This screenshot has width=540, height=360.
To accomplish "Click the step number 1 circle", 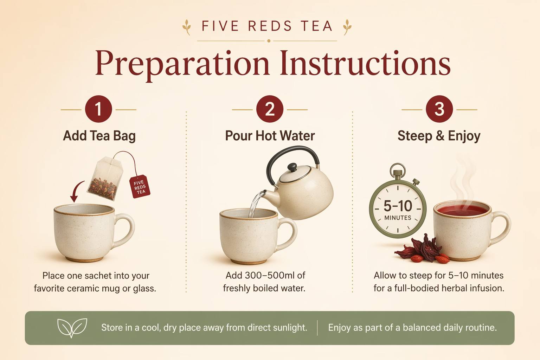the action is click(98, 109).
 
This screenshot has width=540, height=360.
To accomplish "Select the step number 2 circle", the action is click(270, 109).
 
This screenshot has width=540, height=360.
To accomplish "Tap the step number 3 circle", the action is click(439, 109).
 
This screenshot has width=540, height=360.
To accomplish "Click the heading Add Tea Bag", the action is click(99, 136).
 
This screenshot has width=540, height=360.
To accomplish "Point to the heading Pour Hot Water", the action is click(270, 136).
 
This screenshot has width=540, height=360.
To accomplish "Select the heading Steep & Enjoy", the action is click(439, 136).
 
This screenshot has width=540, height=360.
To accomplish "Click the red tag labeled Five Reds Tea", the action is click(140, 186).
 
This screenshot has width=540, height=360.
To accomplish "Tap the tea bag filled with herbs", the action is click(105, 179).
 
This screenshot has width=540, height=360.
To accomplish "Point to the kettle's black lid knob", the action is click(292, 167).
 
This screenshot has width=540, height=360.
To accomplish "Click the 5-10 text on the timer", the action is click(398, 206).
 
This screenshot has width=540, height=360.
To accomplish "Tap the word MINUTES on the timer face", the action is click(398, 218).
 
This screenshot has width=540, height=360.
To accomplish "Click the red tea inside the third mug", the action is click(462, 210).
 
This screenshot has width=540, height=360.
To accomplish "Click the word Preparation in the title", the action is click(182, 64).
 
